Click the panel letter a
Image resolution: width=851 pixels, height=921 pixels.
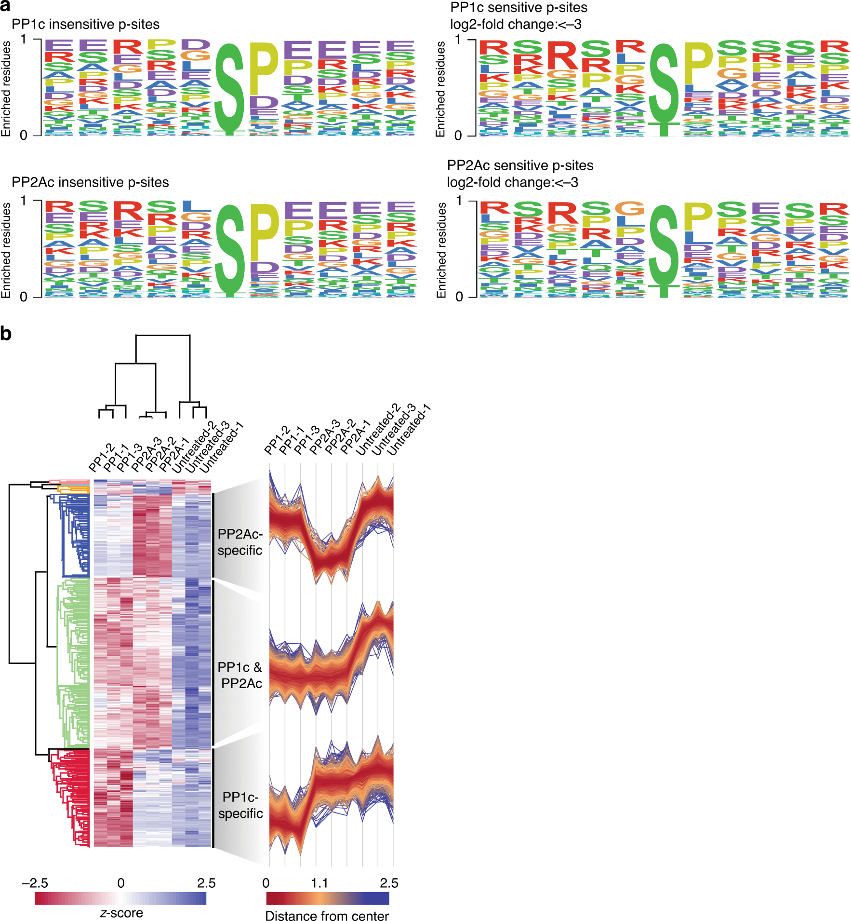(x=6, y=6)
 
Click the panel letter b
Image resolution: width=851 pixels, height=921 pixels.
(x=6, y=334)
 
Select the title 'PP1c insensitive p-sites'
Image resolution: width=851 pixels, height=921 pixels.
(x=85, y=24)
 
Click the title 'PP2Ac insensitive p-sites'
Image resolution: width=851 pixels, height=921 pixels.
(x=90, y=182)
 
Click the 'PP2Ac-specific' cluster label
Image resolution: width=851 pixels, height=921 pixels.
(x=240, y=542)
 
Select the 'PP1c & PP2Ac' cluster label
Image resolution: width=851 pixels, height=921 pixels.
(x=240, y=675)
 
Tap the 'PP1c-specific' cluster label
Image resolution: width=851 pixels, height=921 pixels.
(x=240, y=805)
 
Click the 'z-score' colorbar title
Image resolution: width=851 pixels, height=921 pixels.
(x=121, y=913)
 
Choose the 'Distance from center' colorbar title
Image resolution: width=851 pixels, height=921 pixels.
(x=327, y=916)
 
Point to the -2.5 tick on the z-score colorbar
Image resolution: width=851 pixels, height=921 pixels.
(x=35, y=883)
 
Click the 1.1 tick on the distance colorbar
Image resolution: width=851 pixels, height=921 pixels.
(x=319, y=883)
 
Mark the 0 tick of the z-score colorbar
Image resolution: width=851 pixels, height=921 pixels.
(x=121, y=883)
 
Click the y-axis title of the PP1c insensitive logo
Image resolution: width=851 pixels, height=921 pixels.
(x=6, y=88)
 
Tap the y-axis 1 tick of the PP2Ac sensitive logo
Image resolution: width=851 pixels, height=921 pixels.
(x=459, y=200)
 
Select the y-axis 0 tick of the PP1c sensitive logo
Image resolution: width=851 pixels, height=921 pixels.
(x=458, y=135)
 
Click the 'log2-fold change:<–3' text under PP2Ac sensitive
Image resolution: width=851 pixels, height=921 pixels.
(x=512, y=182)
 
